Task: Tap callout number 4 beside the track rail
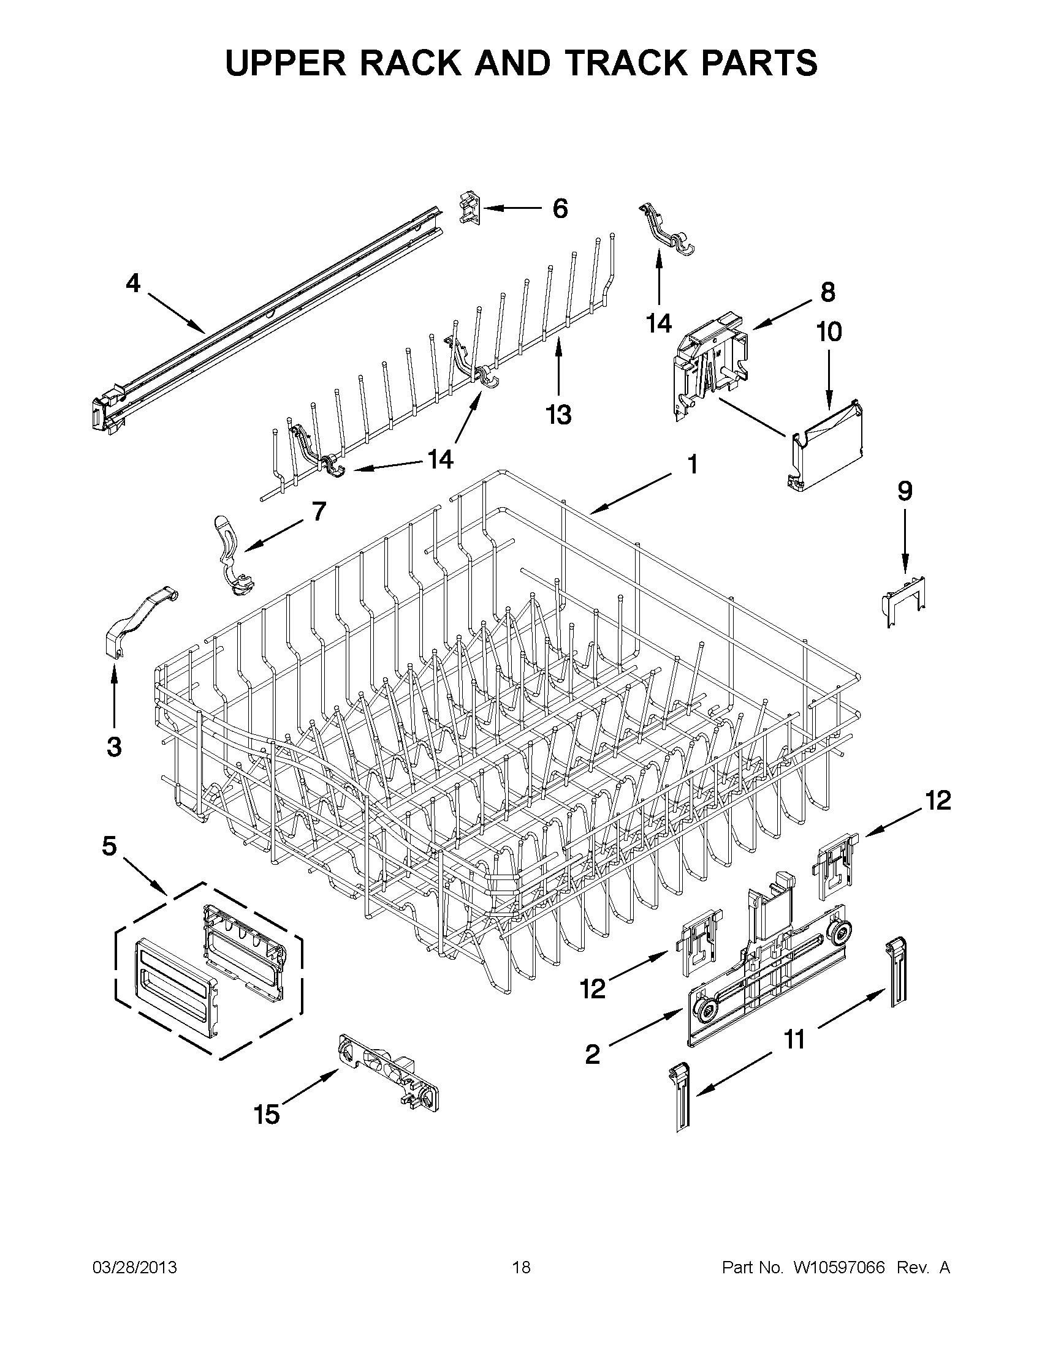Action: click(x=133, y=284)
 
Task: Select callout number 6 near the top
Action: click(x=560, y=209)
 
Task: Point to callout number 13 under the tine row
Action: click(x=559, y=414)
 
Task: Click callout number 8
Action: click(x=827, y=292)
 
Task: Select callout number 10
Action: click(x=829, y=332)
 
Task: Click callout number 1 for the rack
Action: click(x=693, y=464)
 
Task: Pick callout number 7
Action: click(x=318, y=511)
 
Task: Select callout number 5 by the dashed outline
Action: click(x=108, y=846)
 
